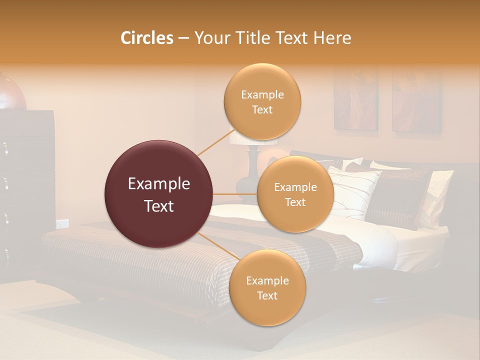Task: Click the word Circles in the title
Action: pyautogui.click(x=146, y=38)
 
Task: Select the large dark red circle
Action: pyautogui.click(x=158, y=194)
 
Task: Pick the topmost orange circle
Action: pyautogui.click(x=262, y=101)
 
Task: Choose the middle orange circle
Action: pyautogui.click(x=295, y=194)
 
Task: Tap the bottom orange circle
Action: pyautogui.click(x=267, y=288)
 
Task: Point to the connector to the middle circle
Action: pyautogui.click(x=235, y=194)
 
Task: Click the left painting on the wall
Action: pyautogui.click(x=356, y=100)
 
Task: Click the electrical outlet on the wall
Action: pyautogui.click(x=62, y=223)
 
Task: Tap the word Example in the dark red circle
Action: pyautogui.click(x=158, y=184)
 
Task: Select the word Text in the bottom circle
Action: pyautogui.click(x=267, y=295)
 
